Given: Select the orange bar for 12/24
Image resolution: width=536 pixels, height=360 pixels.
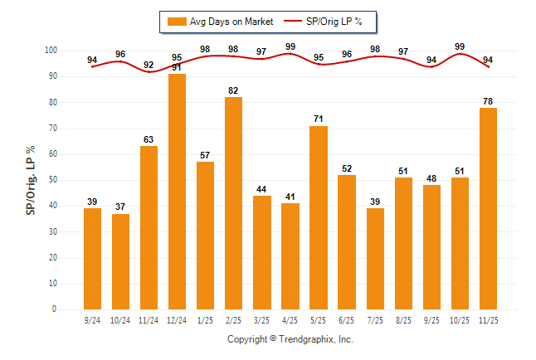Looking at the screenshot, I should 177,192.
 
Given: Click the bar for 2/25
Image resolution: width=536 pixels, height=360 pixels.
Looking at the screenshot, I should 233,203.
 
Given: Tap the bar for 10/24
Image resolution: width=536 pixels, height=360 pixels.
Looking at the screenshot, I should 120,261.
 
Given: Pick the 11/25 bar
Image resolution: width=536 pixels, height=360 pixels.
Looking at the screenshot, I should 488,208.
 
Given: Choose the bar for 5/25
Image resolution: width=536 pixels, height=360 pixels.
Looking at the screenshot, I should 319,217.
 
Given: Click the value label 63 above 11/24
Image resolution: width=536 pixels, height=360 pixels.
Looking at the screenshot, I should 149,139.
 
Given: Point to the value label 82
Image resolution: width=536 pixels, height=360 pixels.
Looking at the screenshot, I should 233,90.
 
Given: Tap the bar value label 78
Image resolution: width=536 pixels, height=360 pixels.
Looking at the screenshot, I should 488,101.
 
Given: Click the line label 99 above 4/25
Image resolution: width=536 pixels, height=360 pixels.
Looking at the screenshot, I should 290,47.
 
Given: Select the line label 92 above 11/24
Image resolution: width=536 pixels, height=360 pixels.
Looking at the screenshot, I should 149,65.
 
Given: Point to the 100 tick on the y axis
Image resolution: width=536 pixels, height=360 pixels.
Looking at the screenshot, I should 51,51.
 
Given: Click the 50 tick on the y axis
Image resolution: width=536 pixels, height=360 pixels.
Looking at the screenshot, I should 52,180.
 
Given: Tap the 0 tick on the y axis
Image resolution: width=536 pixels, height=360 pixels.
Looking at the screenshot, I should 55,309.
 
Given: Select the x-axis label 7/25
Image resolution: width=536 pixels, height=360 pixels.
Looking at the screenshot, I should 375,319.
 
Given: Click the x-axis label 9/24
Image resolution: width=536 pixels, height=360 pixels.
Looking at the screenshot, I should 92,319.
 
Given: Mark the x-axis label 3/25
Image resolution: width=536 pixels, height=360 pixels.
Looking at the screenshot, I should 261,319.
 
